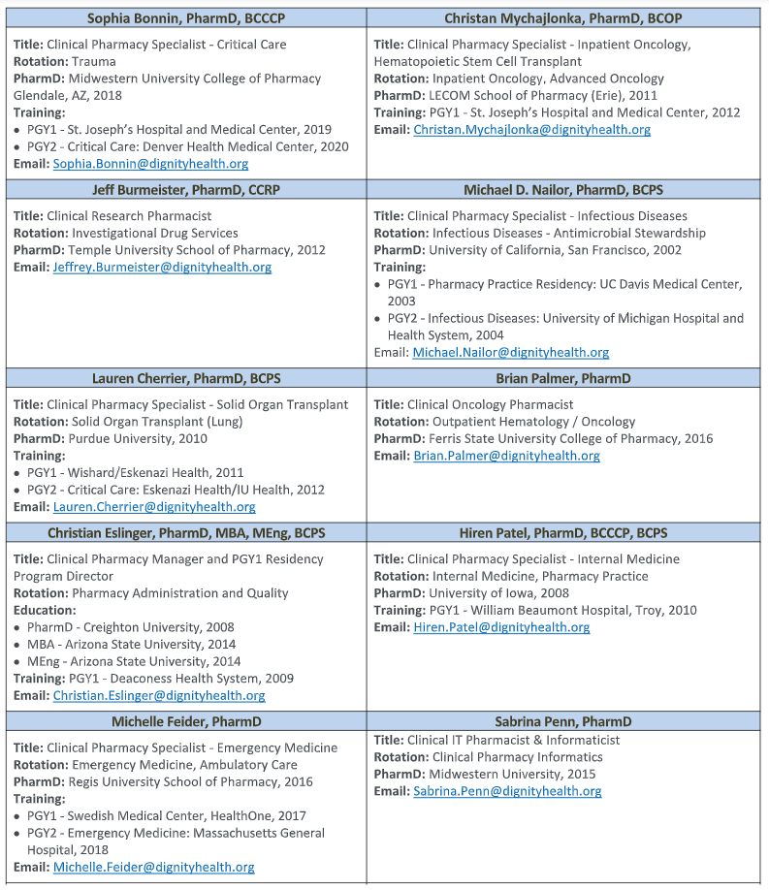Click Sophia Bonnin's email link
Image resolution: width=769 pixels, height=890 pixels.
click(150, 164)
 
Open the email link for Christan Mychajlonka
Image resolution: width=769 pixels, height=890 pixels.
click(531, 130)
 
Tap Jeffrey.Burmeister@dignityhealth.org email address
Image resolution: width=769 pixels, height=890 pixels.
click(162, 268)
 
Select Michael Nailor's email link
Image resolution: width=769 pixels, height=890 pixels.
click(511, 353)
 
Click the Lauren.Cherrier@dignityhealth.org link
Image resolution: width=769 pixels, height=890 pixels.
click(154, 507)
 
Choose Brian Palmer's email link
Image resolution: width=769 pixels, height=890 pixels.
click(506, 456)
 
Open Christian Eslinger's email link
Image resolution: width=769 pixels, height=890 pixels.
click(159, 695)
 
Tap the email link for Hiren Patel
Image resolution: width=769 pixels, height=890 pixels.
click(501, 627)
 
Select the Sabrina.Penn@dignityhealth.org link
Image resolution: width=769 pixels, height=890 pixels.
click(507, 791)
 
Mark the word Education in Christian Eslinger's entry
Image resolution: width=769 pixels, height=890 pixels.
click(44, 610)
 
